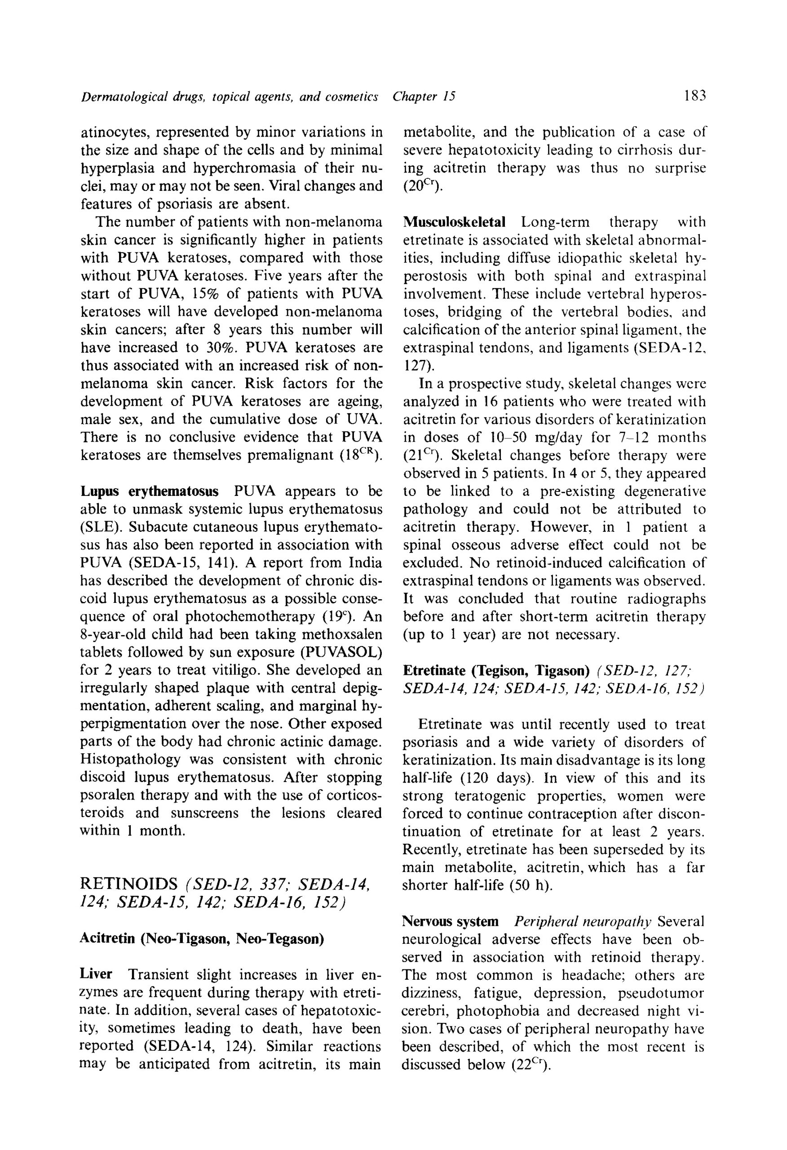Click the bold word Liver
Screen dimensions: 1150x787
point(96,974)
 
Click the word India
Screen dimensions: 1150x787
point(365,562)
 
